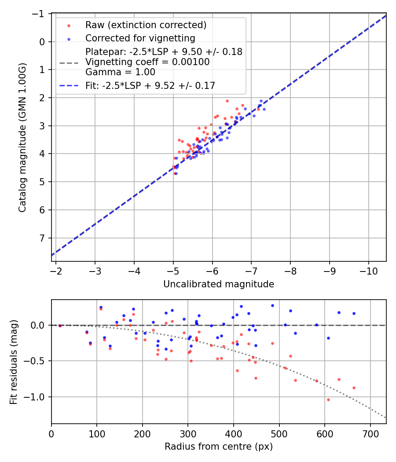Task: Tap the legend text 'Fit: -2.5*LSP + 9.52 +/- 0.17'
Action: pyautogui.click(x=150, y=86)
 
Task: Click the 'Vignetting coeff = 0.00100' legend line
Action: pyautogui.click(x=147, y=62)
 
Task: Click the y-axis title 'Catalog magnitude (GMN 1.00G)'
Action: pyautogui.click(x=22, y=137)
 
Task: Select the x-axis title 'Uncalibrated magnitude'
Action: pyautogui.click(x=219, y=284)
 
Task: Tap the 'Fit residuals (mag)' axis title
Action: pyautogui.click(x=14, y=362)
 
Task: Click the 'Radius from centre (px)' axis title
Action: pyautogui.click(x=219, y=447)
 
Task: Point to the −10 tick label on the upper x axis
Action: pyautogui.click(x=368, y=271)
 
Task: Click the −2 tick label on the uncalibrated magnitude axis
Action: pyautogui.click(x=56, y=271)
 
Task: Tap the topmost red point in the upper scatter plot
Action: pyautogui.click(x=227, y=101)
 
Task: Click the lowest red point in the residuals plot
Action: pyautogui.click(x=328, y=400)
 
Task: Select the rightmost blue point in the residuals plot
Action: pyautogui.click(x=354, y=313)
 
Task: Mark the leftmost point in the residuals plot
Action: pyautogui.click(x=60, y=326)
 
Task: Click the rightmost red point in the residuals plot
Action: pyautogui.click(x=354, y=388)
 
